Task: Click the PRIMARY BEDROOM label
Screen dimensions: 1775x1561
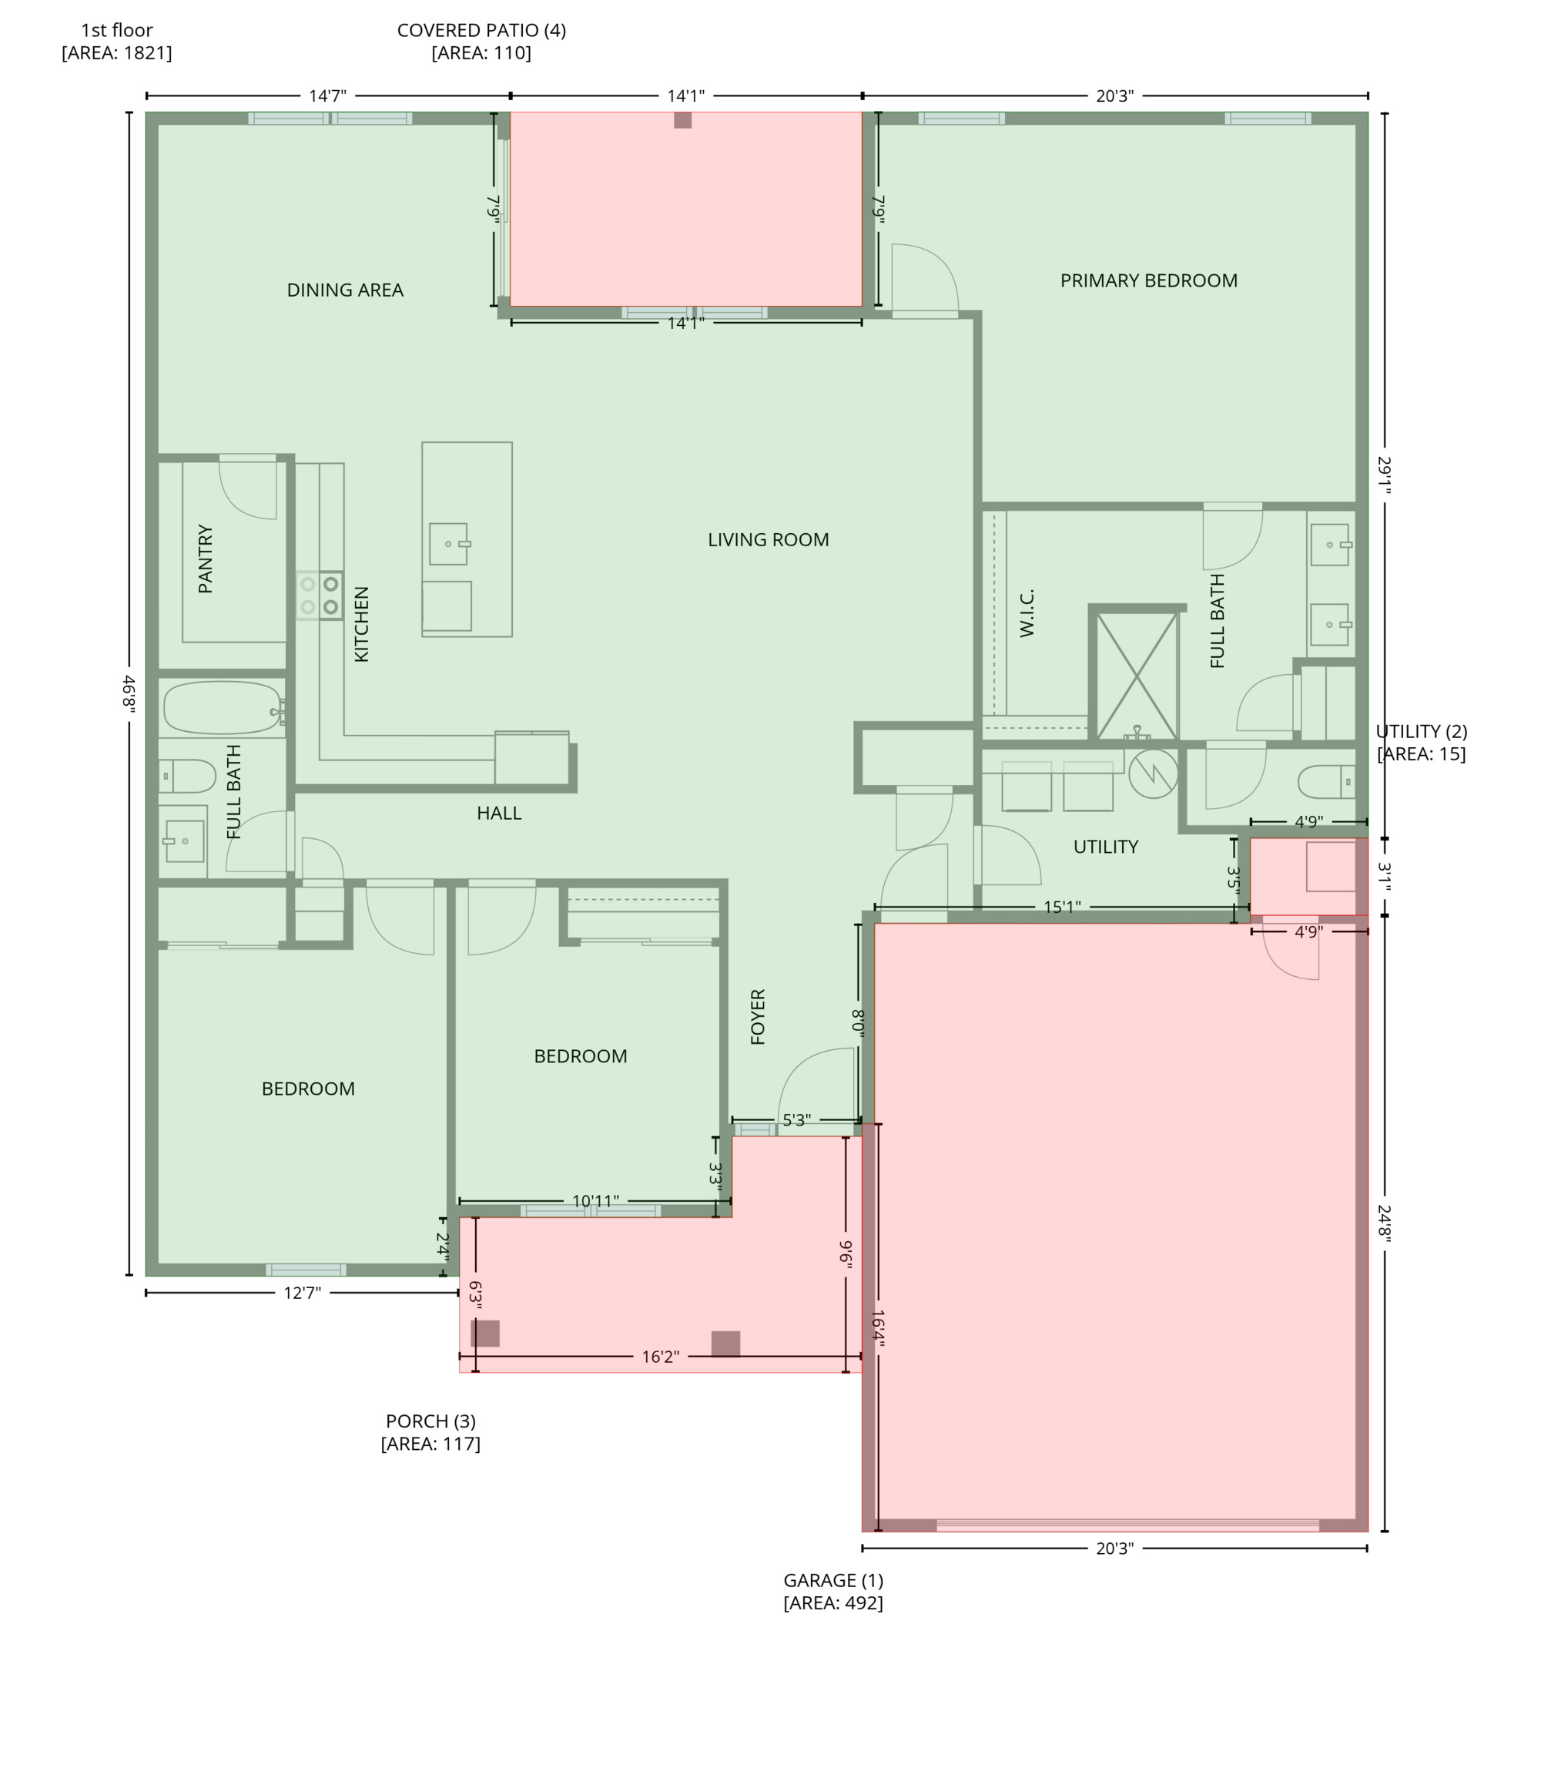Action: pos(1147,280)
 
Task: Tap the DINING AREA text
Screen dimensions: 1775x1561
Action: pos(345,290)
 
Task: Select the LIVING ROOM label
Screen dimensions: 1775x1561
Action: pos(768,539)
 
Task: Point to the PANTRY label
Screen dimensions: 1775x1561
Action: pos(205,559)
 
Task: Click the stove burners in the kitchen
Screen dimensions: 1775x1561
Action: pos(320,595)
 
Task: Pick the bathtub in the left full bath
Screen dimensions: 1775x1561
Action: pos(223,708)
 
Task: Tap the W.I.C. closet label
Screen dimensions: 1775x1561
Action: pos(1027,612)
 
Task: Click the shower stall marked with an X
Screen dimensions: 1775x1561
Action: pos(1137,676)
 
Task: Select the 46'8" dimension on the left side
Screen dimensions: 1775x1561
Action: pos(129,695)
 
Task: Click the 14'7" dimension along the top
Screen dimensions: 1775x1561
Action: pos(327,96)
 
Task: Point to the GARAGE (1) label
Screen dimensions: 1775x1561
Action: pos(832,1581)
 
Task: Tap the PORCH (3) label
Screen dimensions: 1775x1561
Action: pos(430,1421)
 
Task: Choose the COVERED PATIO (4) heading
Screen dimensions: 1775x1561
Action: pos(481,30)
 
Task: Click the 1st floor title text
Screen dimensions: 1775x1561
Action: pos(116,30)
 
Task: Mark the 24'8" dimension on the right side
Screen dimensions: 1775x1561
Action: pos(1383,1223)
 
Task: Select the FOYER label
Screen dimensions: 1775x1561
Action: pos(757,1016)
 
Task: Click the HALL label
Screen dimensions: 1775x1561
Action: pos(498,813)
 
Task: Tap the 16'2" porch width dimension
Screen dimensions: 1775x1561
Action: pos(660,1357)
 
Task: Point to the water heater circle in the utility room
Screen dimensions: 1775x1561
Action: pos(1153,773)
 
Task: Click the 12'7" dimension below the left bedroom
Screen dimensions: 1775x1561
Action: pos(302,1293)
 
